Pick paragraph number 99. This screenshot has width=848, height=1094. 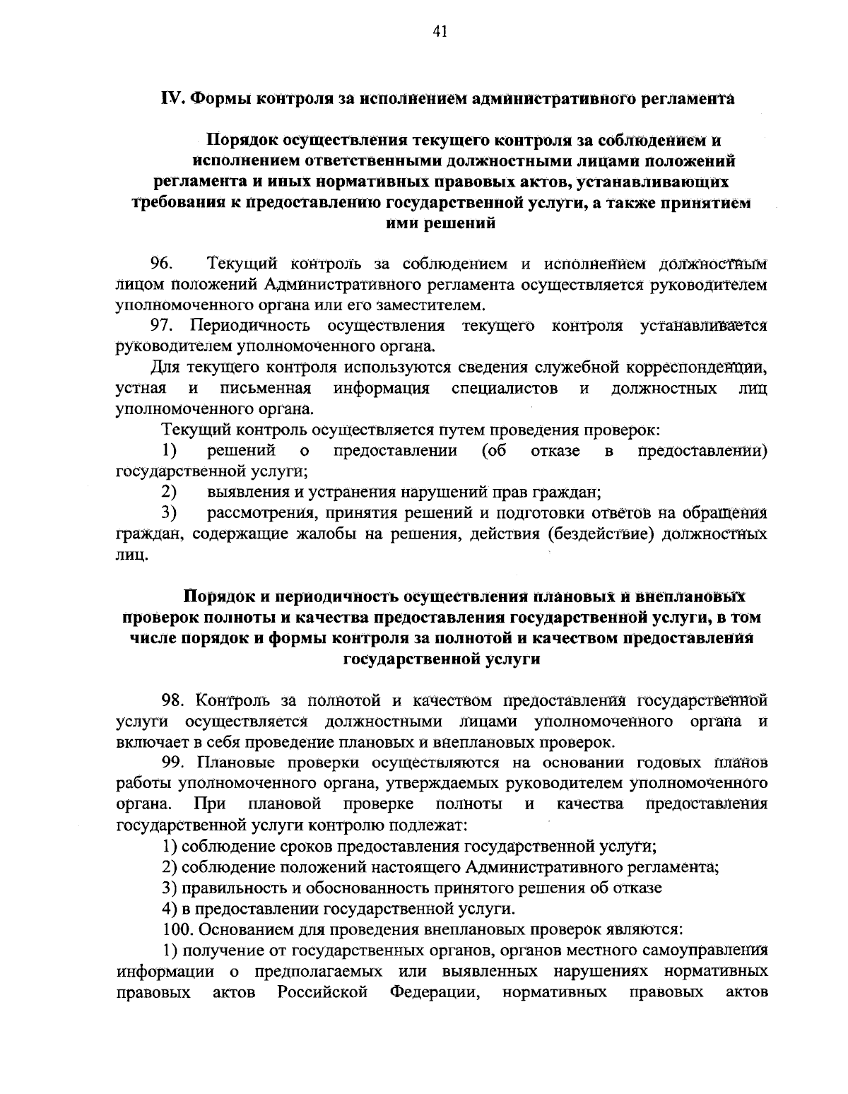tap(174, 763)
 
